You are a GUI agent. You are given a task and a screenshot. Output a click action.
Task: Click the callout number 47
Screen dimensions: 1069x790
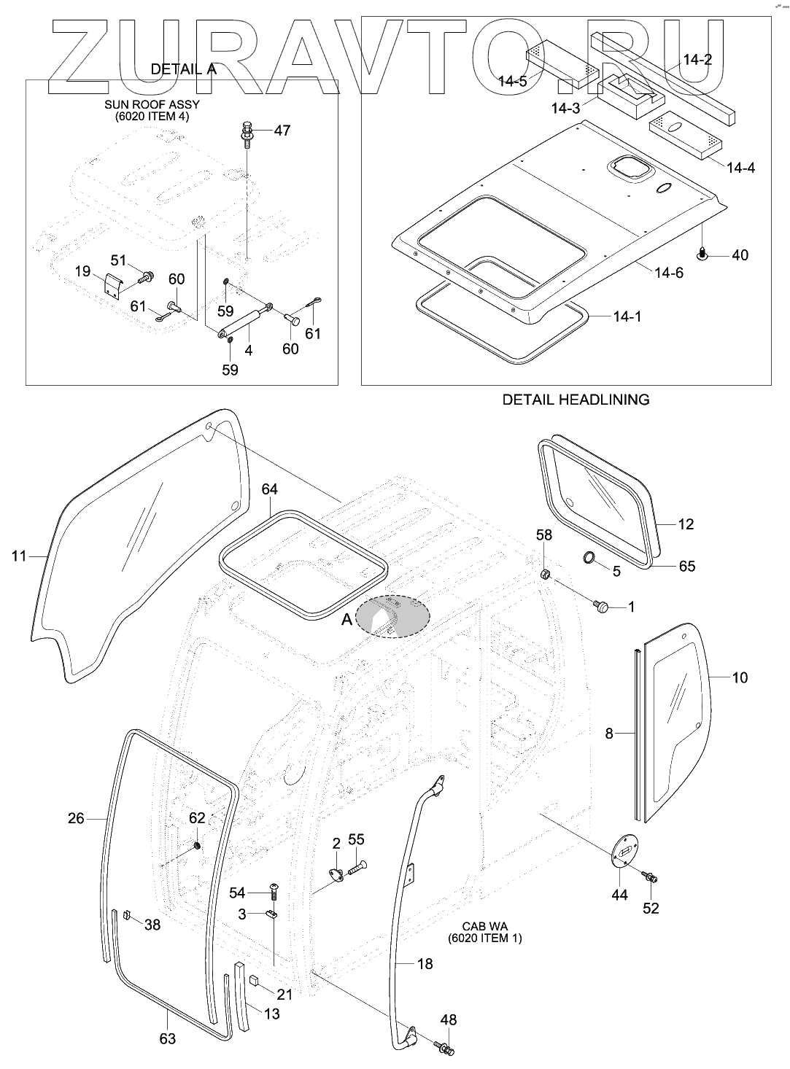(282, 131)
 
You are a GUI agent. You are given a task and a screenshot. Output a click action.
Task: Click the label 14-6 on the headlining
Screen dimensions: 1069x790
(669, 273)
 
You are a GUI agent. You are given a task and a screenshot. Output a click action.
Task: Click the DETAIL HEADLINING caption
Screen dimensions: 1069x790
(576, 400)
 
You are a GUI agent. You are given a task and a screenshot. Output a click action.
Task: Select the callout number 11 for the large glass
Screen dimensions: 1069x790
(19, 556)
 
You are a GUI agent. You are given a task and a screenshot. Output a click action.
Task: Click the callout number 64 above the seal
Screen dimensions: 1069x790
(270, 489)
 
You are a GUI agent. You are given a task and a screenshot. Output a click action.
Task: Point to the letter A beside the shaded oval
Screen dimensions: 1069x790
(347, 619)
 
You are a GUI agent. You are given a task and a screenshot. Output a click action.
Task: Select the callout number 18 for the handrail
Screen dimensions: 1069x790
(425, 964)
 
